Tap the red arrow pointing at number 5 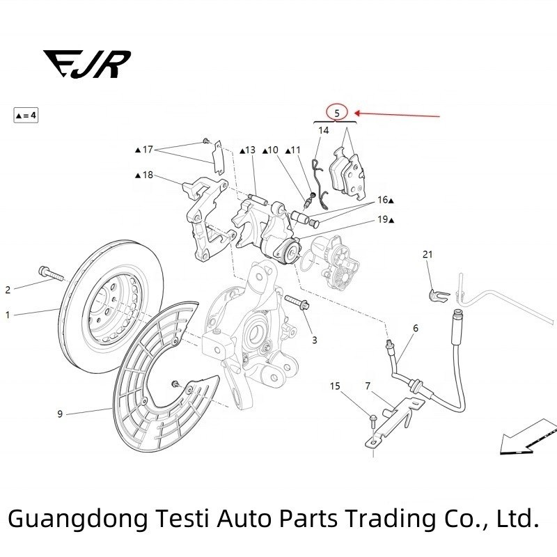point(397,114)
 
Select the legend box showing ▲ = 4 point(26,115)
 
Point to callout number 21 point(427,255)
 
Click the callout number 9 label point(60,414)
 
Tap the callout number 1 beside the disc point(8,315)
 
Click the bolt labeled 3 point(296,304)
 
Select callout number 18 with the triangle point(145,175)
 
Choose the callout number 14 point(324,130)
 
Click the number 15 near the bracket point(335,386)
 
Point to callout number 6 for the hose point(416,328)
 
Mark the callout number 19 point(384,220)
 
